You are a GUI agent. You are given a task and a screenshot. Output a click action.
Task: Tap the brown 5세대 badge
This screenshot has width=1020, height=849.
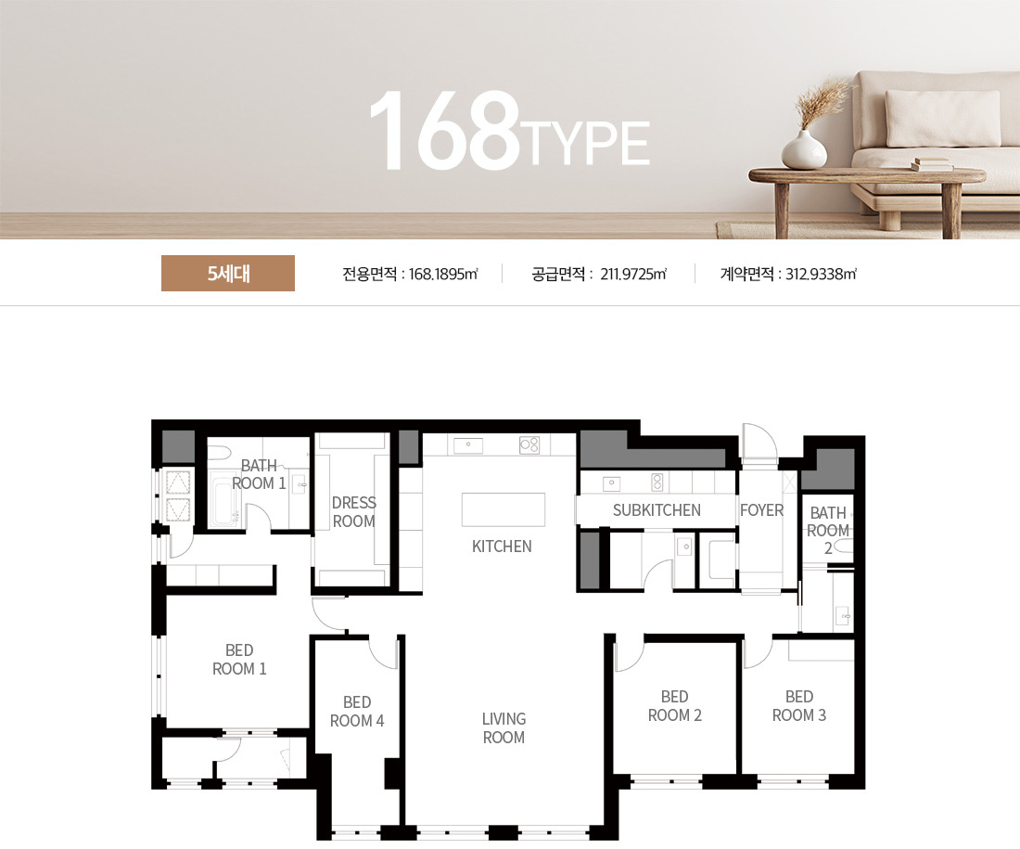click(228, 274)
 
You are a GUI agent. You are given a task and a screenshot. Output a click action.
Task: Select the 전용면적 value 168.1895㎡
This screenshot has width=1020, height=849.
click(443, 274)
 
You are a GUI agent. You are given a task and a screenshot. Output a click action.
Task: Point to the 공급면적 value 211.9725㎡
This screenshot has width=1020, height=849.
click(633, 274)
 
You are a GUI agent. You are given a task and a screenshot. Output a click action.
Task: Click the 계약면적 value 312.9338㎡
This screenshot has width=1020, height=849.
click(821, 274)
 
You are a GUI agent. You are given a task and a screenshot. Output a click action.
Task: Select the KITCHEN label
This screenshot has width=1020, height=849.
click(502, 547)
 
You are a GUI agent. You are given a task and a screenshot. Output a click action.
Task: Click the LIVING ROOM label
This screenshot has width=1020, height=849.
click(504, 727)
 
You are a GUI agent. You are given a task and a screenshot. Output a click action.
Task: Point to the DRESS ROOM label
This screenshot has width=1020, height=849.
click(354, 512)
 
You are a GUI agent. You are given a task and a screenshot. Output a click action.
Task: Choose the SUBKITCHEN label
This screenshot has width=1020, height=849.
click(657, 510)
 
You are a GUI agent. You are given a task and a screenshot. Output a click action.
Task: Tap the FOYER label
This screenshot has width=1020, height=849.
click(761, 510)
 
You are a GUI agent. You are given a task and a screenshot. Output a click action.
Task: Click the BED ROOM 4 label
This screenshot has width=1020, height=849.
click(356, 712)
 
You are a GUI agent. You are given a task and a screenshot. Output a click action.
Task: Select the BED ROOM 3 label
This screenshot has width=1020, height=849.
click(798, 706)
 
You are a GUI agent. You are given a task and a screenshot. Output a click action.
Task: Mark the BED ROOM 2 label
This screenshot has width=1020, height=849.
click(674, 706)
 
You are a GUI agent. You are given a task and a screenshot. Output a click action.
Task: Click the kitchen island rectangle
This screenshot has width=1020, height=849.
click(504, 509)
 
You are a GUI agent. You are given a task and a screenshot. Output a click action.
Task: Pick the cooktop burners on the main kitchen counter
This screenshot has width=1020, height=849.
click(529, 444)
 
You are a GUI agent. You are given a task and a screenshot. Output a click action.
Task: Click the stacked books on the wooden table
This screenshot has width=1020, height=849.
click(932, 164)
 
